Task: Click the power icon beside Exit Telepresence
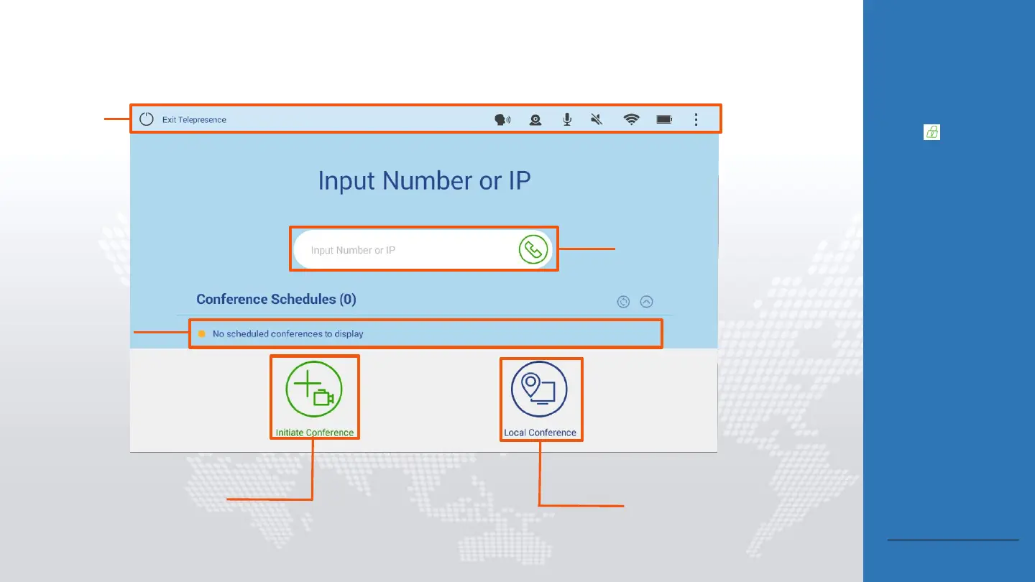(147, 119)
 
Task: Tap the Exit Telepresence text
(194, 120)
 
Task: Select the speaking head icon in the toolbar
(502, 120)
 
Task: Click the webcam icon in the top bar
(535, 120)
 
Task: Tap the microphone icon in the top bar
(567, 120)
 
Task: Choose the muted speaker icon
(597, 120)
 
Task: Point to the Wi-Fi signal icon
(631, 120)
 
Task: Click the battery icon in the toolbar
(664, 120)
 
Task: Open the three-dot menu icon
(696, 120)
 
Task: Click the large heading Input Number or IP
(424, 180)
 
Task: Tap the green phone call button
(533, 250)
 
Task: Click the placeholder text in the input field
(353, 251)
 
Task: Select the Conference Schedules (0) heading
(276, 300)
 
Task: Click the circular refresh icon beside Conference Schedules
(623, 302)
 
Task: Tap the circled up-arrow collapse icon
(646, 302)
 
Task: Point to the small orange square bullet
(202, 334)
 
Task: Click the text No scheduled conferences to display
(287, 334)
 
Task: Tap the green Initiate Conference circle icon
(314, 389)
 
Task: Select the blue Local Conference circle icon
(539, 389)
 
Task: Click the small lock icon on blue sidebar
(931, 132)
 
